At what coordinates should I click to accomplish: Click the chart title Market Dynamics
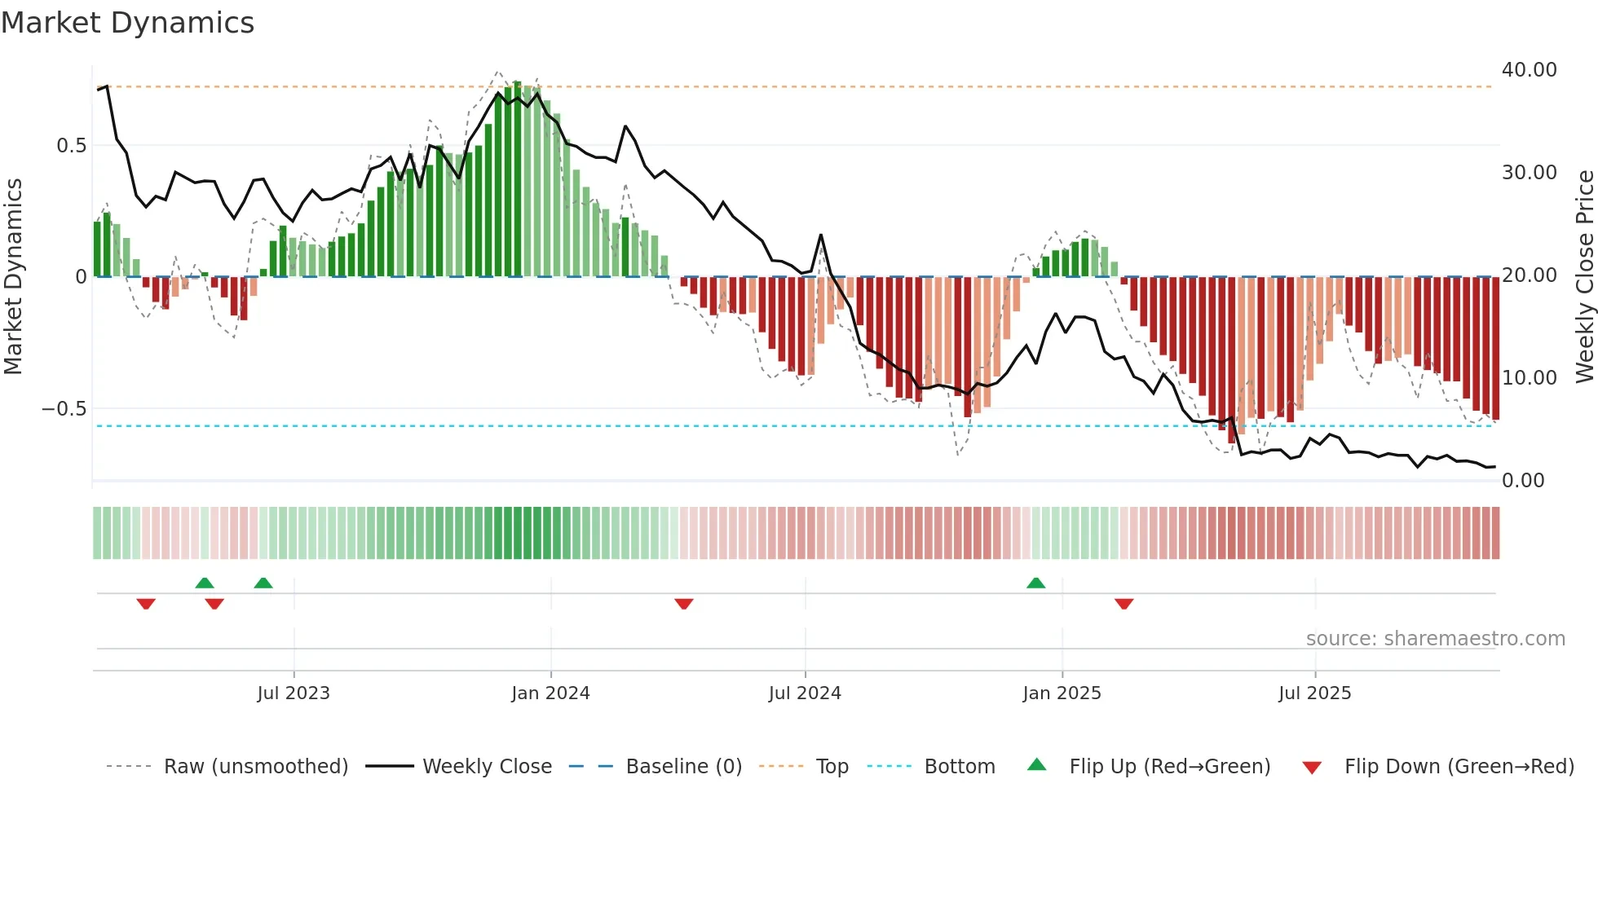128,23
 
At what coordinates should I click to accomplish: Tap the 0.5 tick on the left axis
71,146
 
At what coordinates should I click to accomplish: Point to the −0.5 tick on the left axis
64,409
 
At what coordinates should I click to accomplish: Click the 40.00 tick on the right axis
1529,70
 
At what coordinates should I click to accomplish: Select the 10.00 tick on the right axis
1529,378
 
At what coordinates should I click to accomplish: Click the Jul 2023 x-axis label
294,693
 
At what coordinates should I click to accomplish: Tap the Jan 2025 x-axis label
1062,693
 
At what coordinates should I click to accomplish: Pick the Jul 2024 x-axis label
805,693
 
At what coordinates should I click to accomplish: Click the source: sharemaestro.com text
1435,639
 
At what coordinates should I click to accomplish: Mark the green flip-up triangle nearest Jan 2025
1035,583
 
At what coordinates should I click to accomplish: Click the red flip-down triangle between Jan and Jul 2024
684,604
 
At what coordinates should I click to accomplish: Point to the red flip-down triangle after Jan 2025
1123,604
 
